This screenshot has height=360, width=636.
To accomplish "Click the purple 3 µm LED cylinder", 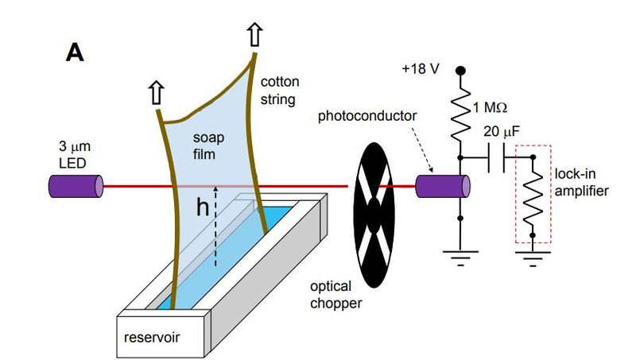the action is coord(76,187).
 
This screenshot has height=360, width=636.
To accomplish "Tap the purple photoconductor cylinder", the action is coord(443,187).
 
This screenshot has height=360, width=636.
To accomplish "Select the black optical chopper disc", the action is coord(374,215).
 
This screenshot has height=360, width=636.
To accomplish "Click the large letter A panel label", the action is coord(75,52).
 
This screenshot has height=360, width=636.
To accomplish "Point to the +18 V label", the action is coord(421,69).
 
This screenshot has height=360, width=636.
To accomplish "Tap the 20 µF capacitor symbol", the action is coord(496,157).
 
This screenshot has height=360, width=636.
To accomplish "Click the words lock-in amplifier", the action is coord(581,183).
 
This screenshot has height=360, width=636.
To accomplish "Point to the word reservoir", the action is coord(152,337).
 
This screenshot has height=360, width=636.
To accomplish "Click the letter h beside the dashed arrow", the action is coord(203,207).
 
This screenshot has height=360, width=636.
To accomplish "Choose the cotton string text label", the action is coord(280,91).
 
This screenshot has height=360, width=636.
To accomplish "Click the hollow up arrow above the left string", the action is coord(156,92).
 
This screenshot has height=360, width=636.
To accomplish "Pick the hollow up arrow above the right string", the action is coord(254,34).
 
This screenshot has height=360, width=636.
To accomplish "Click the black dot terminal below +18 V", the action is coord(460,71).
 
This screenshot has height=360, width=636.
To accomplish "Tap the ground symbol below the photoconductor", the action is coord(460,257).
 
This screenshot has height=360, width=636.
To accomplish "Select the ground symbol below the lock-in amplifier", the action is coord(533,258).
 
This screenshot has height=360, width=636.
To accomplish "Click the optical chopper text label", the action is coord(335,295).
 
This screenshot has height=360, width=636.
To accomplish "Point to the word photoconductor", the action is coord(367,116).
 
